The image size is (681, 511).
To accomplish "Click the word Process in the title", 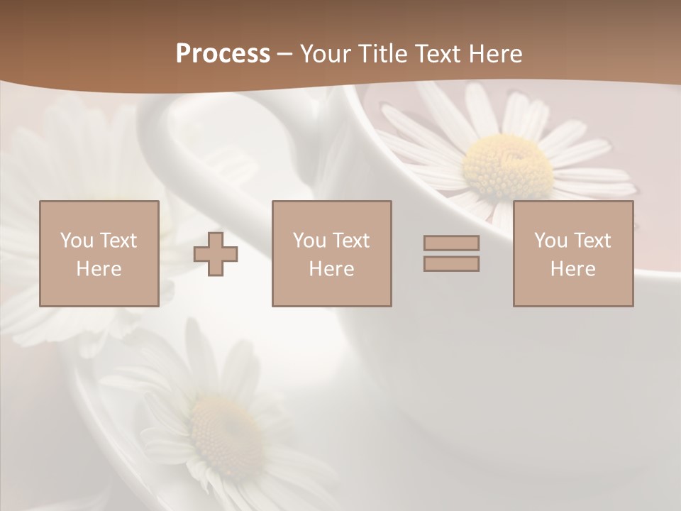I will coord(223,54).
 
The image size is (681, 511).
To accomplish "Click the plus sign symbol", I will coord(216,254).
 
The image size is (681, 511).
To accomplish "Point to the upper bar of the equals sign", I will coord(451,243).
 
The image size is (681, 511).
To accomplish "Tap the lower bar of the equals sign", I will coord(451,263).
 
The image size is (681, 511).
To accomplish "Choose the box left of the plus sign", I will coord(99,253).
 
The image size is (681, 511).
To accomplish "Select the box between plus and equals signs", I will coord(331,253).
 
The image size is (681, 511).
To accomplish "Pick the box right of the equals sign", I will coord(573,253).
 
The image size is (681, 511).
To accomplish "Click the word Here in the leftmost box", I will coord(99,269).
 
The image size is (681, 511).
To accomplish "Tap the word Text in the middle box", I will coord(351,241).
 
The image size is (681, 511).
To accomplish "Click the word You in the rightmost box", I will coord(550,241).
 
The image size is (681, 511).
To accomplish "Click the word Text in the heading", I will coord(436,54).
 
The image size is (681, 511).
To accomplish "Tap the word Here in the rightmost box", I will coord(572,269).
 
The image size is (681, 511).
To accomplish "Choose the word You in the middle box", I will coord(309,241).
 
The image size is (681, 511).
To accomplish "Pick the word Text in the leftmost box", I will coord(118,241).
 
